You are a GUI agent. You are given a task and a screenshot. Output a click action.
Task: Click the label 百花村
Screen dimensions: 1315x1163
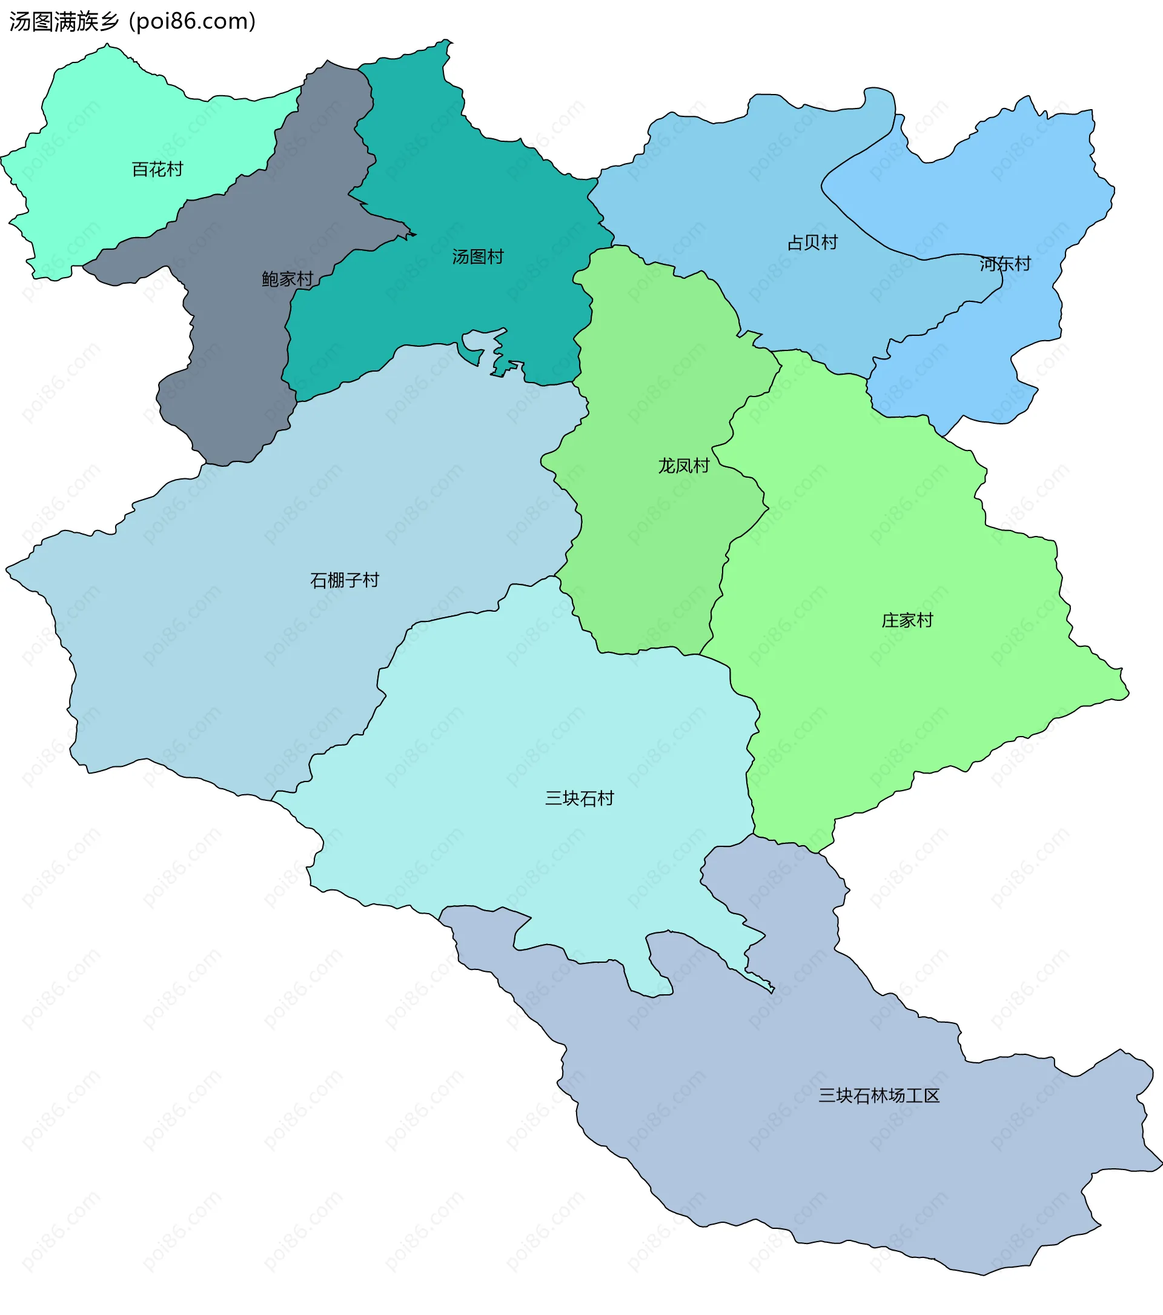point(157,169)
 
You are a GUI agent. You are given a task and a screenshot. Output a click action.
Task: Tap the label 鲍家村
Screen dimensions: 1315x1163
point(287,278)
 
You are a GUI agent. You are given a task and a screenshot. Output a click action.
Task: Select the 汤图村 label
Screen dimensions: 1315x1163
point(478,256)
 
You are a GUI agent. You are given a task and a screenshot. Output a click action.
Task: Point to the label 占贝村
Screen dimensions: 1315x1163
point(813,243)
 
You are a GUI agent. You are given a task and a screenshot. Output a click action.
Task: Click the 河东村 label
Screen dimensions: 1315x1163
point(1005,264)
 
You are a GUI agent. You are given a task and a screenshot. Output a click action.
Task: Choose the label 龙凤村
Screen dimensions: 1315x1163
point(683,466)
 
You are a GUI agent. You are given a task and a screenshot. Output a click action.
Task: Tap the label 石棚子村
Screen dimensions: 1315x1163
point(345,580)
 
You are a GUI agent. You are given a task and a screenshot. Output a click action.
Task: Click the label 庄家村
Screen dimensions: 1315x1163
point(907,620)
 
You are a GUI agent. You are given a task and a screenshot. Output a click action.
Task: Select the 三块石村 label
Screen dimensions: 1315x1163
point(579,798)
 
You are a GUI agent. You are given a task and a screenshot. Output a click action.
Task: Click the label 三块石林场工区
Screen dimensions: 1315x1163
point(879,1096)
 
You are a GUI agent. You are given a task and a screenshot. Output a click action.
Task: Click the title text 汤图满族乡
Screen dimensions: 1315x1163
point(64,21)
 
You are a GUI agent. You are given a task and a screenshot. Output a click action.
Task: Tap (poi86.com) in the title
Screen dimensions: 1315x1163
point(193,21)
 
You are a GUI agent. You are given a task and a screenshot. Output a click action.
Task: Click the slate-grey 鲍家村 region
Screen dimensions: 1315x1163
point(231,360)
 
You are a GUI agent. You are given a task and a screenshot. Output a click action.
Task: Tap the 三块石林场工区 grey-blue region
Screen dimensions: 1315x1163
point(836,1158)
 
